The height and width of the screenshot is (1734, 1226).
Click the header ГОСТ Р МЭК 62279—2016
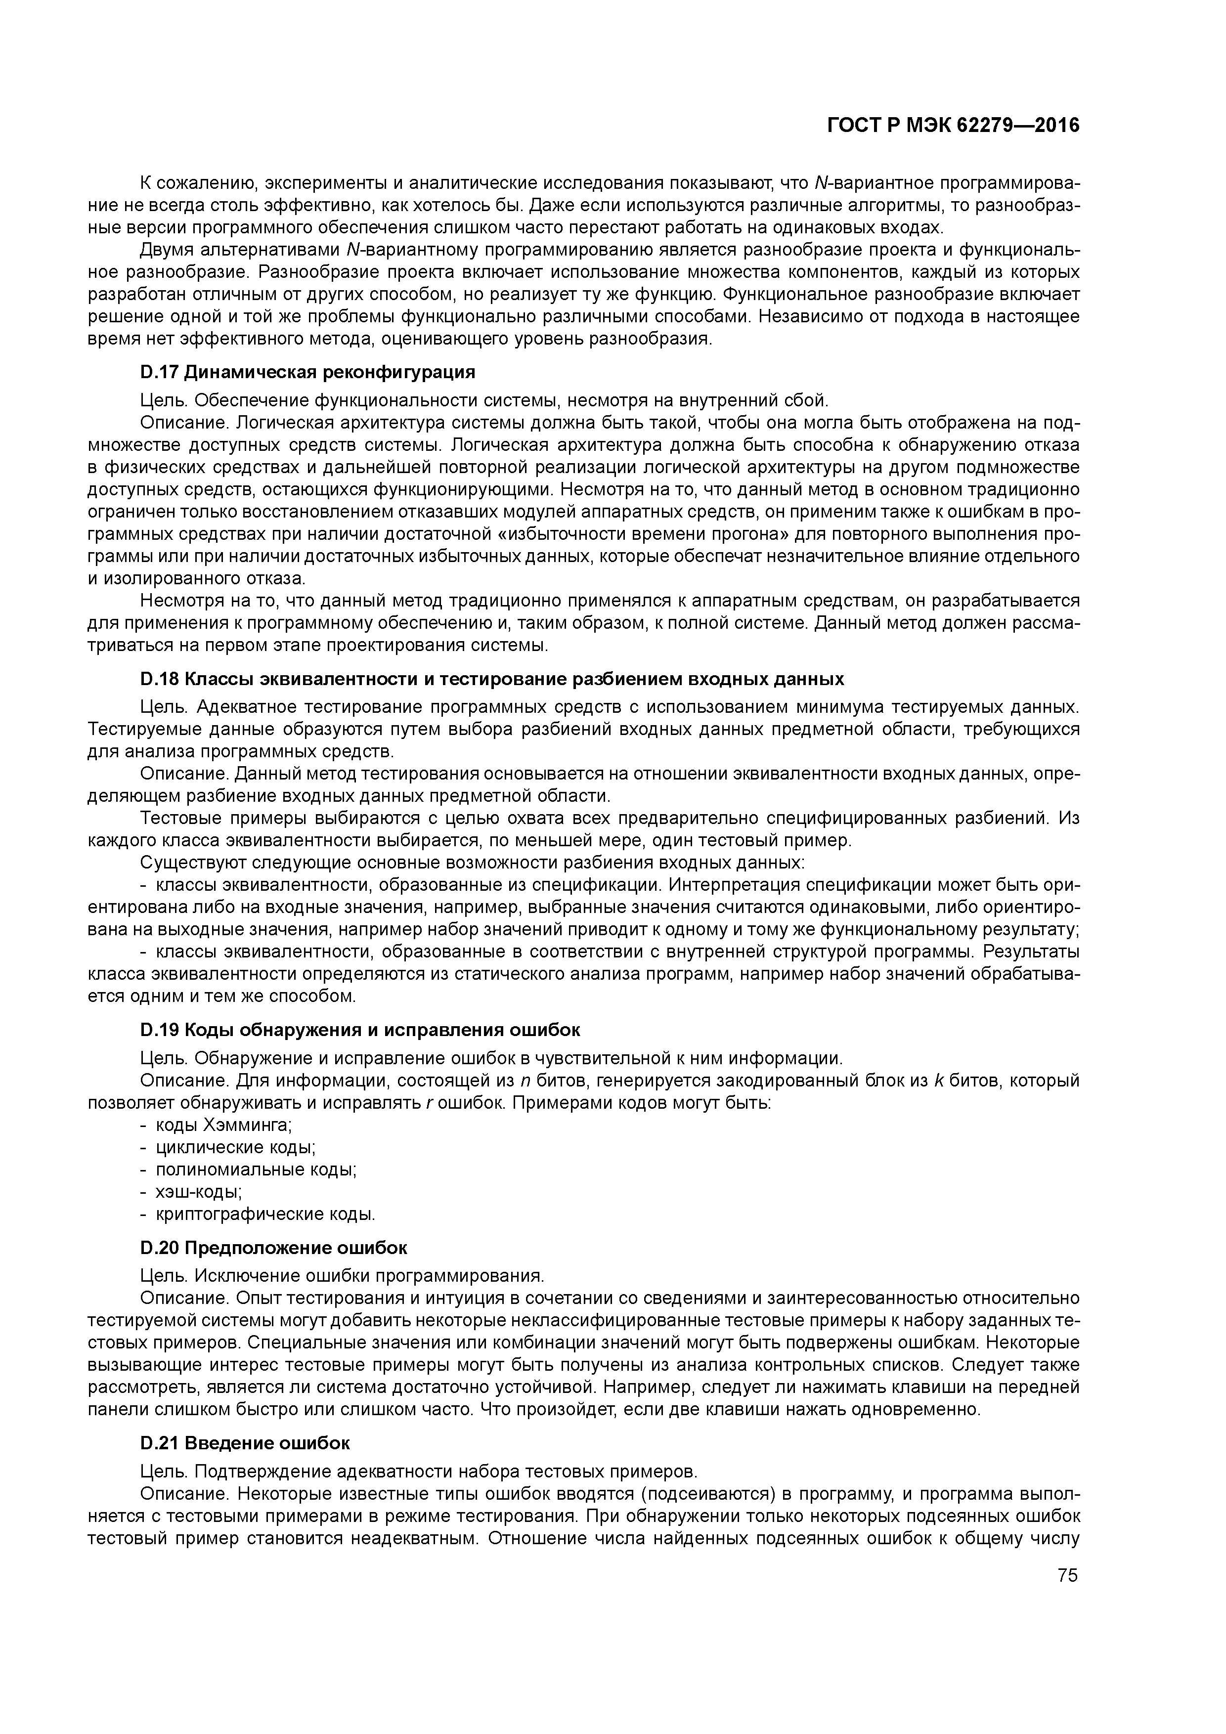coord(953,126)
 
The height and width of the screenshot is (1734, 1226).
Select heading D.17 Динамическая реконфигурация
coord(307,372)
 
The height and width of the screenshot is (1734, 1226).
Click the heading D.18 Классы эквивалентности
coord(492,678)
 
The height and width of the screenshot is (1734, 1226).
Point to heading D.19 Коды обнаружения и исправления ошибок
coord(360,1030)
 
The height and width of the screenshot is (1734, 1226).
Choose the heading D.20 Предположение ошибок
coord(273,1247)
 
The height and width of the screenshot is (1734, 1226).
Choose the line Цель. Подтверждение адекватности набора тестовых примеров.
coord(419,1471)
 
